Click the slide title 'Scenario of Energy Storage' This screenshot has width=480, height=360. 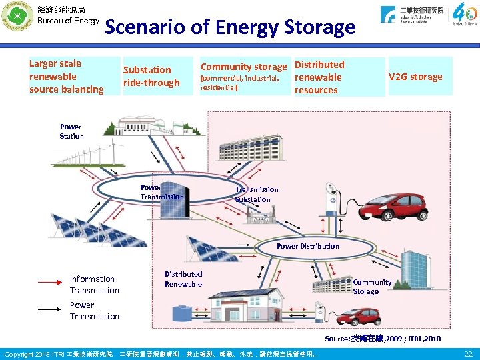coord(230,28)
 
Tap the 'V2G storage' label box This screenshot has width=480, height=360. coord(417,77)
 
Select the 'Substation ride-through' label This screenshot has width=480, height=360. coord(151,76)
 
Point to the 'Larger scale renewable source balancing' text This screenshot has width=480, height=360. coord(66,76)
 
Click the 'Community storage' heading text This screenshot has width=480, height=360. coord(243,67)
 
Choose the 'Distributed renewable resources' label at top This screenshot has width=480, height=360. coord(319,77)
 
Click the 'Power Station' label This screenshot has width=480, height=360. coord(71,131)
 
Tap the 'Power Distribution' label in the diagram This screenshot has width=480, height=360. coord(307,246)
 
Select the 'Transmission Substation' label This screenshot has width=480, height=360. coord(257,194)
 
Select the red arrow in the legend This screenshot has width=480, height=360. coord(49,283)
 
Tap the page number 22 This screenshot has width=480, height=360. coord(469,353)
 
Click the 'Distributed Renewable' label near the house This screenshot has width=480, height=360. coord(183,279)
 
